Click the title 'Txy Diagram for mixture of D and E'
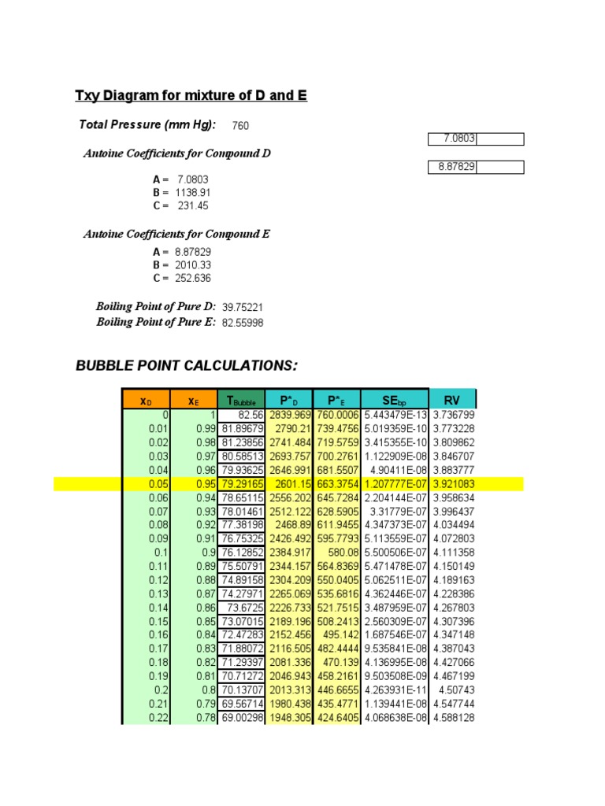pyautogui.click(x=191, y=96)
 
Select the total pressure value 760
pyautogui.click(x=242, y=126)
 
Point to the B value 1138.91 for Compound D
pyautogui.click(x=194, y=192)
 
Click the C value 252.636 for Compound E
pyautogui.click(x=194, y=279)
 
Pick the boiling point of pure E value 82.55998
pyautogui.click(x=243, y=324)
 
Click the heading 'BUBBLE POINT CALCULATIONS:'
pyautogui.click(x=187, y=366)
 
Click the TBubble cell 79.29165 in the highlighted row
pyautogui.click(x=243, y=483)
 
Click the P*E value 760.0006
pyautogui.click(x=336, y=415)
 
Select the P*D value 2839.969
pyautogui.click(x=290, y=415)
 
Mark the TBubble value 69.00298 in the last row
pyautogui.click(x=243, y=718)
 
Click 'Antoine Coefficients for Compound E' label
pyautogui.click(x=177, y=235)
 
